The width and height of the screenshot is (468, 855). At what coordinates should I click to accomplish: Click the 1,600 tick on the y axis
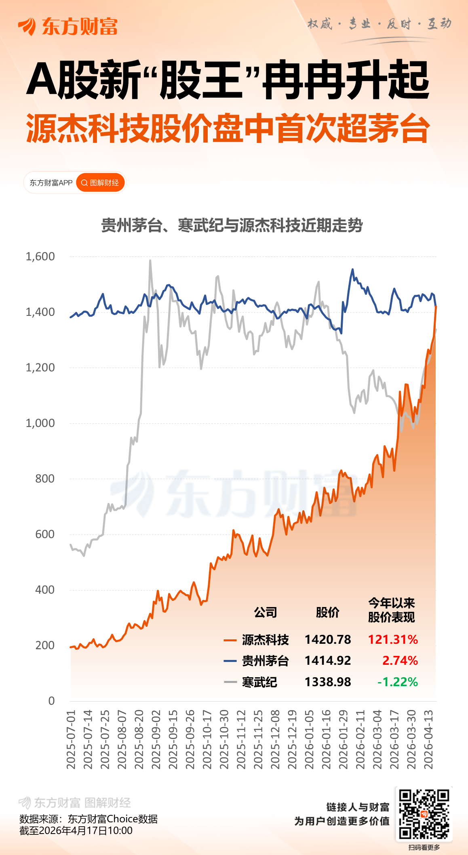[40, 256]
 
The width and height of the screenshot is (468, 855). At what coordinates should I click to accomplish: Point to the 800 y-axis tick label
[44, 479]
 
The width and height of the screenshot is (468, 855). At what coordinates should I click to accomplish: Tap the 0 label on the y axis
[51, 701]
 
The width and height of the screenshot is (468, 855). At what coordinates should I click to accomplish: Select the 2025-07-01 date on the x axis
[71, 739]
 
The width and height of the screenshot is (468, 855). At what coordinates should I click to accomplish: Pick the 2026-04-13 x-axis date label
[428, 739]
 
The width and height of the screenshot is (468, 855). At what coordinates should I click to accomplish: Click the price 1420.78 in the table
[328, 640]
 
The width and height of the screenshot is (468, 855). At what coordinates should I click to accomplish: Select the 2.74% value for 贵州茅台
[400, 661]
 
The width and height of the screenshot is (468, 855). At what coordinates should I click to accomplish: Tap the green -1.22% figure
[397, 682]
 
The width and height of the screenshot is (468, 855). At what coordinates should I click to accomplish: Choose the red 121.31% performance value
[393, 640]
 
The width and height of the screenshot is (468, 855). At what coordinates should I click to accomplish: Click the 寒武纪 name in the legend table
[259, 682]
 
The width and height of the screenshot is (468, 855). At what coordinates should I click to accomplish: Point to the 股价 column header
[327, 612]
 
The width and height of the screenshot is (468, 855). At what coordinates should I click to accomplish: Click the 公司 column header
[266, 612]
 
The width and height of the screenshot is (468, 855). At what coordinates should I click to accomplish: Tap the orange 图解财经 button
[100, 183]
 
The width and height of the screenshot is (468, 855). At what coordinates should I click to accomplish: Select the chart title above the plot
[232, 225]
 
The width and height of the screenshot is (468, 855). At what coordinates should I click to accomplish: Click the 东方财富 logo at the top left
[68, 27]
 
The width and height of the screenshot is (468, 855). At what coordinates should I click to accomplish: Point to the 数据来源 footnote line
[89, 819]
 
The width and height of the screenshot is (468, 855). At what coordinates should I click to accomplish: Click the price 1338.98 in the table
[328, 682]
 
